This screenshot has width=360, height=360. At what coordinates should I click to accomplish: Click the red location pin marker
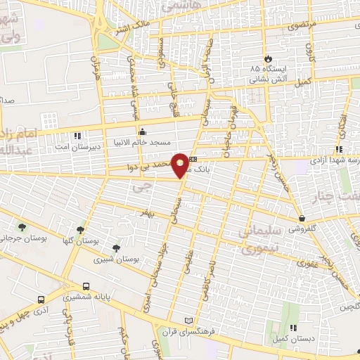pos(181,165)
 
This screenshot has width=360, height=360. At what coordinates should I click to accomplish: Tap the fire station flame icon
pos(267,58)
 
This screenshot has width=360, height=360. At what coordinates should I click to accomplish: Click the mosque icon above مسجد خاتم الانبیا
pos(142,131)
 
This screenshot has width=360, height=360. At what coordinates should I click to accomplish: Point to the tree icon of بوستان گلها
pos(80,229)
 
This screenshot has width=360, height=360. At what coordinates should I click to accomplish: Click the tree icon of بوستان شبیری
pos(116,247)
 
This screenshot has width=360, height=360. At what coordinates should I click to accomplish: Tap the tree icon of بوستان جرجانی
pos(22,227)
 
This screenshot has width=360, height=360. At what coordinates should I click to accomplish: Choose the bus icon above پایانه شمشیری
pos(86,286)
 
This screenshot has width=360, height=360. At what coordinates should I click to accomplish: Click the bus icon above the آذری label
pos(41,298)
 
